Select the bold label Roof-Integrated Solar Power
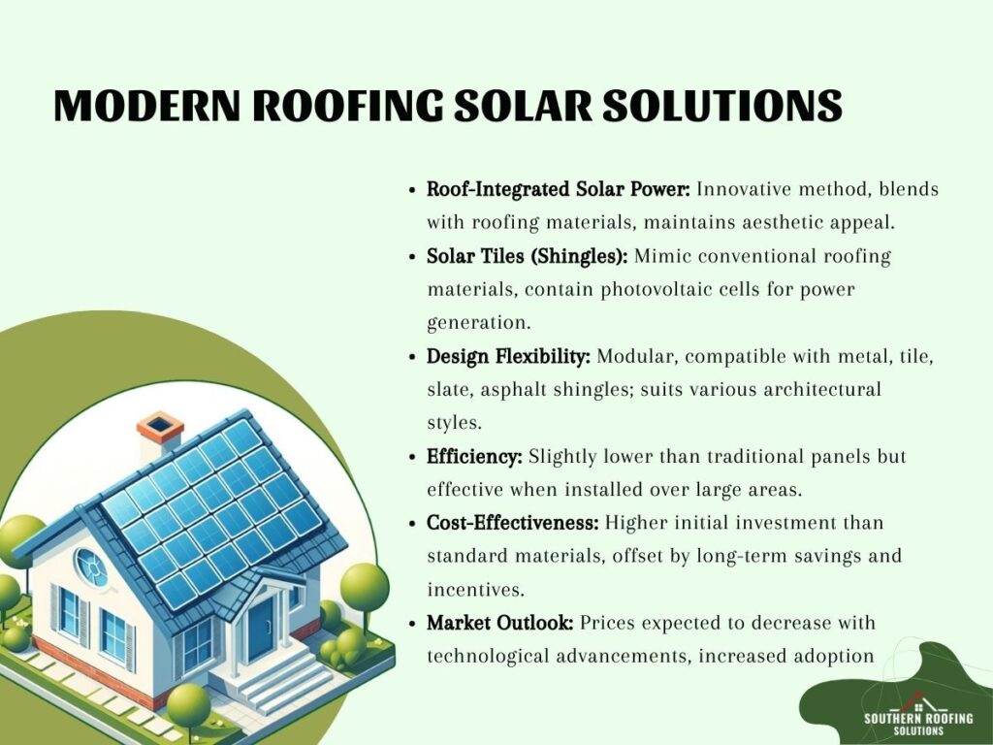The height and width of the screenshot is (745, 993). (558, 189)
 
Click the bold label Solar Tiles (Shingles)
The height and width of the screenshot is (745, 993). (527, 256)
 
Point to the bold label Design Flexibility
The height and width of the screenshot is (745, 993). (508, 356)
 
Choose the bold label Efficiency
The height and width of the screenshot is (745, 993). (474, 456)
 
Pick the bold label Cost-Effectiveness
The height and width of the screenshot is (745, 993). (512, 523)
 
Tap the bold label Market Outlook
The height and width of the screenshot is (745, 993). (499, 623)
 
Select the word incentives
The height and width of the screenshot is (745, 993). (475, 589)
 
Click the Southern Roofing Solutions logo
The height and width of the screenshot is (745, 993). (918, 717)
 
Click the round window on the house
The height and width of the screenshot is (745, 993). (91, 567)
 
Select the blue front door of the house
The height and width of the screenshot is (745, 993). (260, 628)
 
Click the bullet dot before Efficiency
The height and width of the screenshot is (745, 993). (412, 458)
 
